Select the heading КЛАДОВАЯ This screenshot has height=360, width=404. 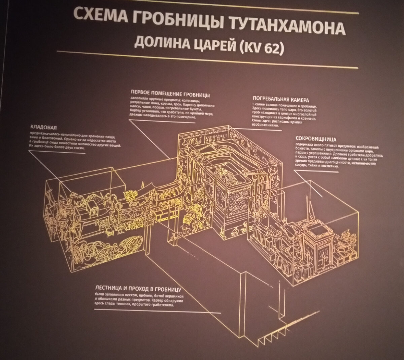(43, 127)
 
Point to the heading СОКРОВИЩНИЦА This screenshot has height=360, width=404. (316, 138)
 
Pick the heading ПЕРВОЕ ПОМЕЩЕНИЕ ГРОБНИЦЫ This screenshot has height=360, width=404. (170, 93)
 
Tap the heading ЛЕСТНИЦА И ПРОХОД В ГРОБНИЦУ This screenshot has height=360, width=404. (138, 289)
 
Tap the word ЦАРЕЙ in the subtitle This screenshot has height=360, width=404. (209, 45)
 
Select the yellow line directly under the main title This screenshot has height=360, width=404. (207, 59)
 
